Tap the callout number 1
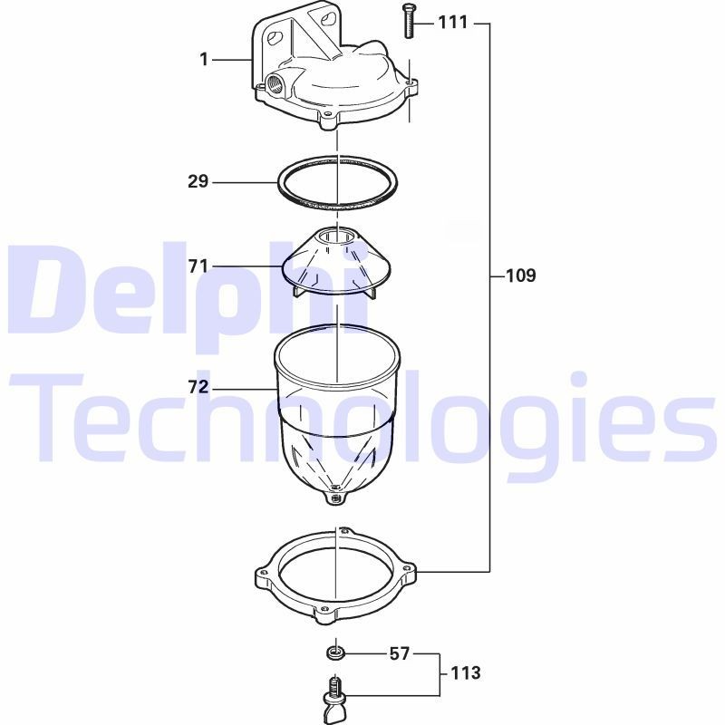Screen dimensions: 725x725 204,60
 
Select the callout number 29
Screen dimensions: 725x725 198,181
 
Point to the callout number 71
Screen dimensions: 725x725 198,266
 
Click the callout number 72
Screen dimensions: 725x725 198,387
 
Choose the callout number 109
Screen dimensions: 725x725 520,275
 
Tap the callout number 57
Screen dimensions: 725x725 400,652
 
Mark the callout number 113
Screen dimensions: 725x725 465,673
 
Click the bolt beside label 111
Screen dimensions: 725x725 406,21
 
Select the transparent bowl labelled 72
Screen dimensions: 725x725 335,408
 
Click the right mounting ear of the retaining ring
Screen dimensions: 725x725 411,572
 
